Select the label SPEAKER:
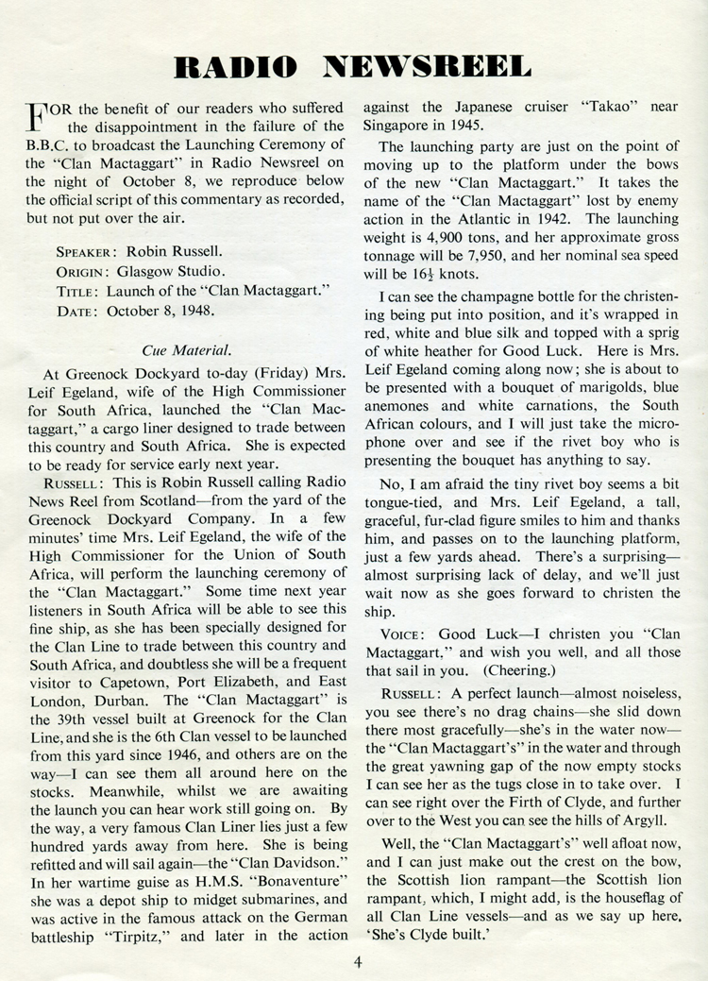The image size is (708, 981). click(x=88, y=253)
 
